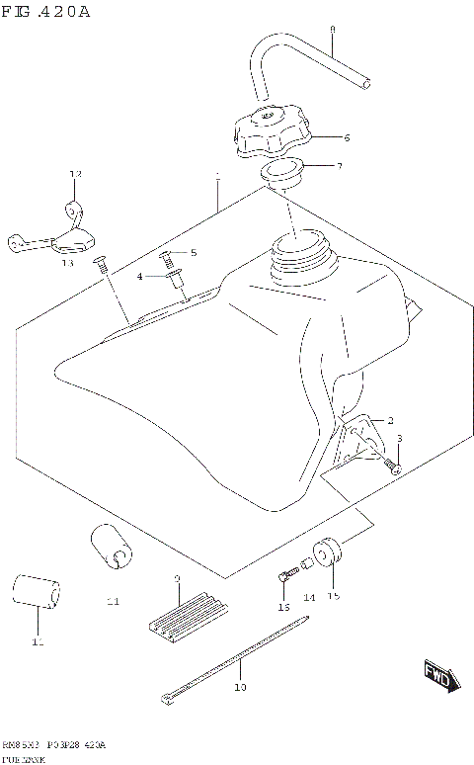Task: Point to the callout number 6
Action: (347, 137)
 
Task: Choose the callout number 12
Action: (72, 174)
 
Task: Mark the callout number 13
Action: (67, 263)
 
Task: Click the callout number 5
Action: (194, 253)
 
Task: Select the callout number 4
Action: (141, 277)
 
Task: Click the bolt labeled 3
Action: (392, 464)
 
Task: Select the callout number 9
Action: (177, 578)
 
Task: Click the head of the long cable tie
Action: (166, 700)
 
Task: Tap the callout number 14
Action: (309, 598)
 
